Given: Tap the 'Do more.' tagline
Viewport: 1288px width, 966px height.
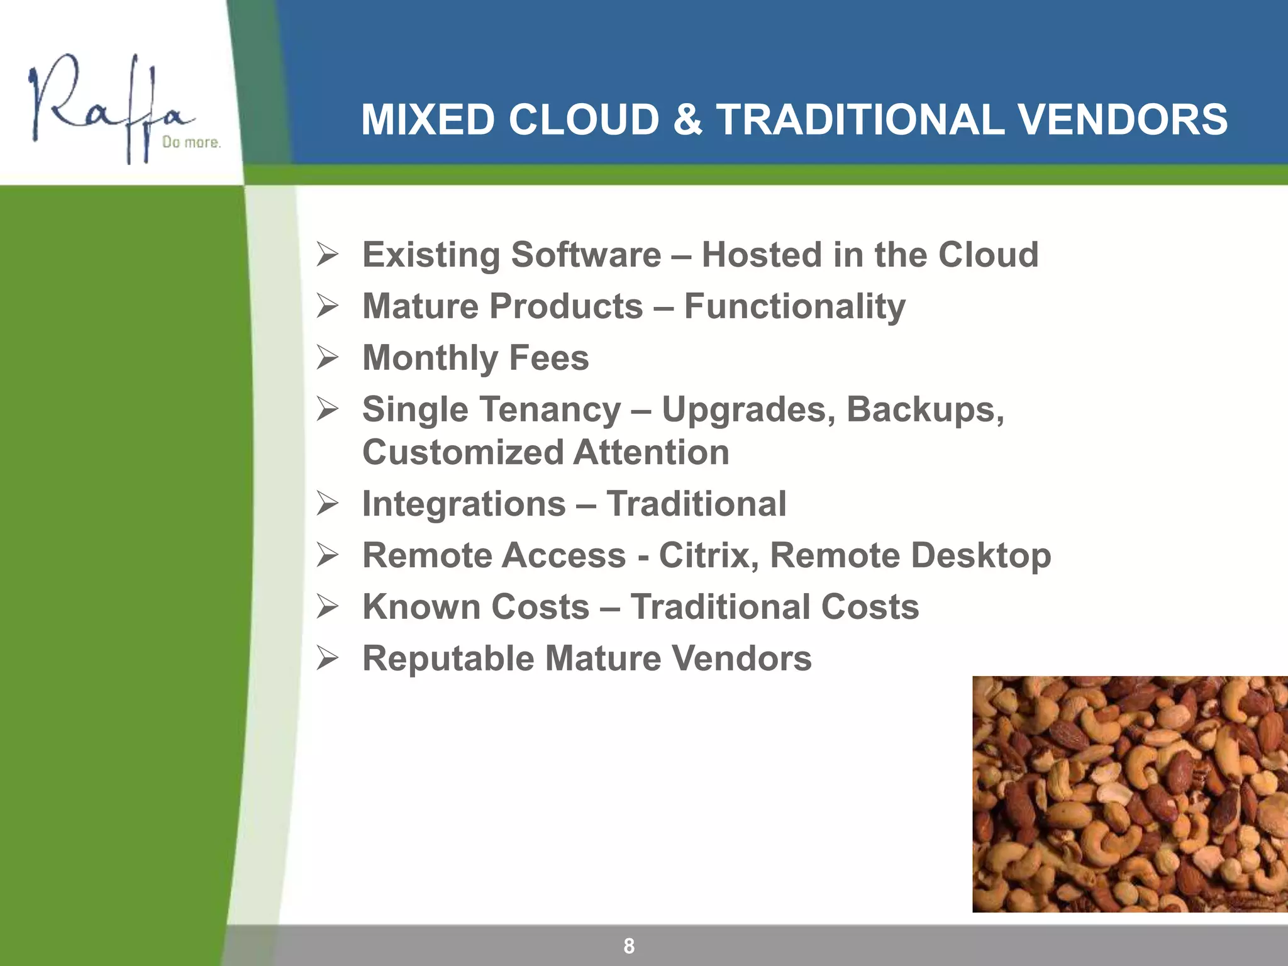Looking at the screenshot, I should point(191,143).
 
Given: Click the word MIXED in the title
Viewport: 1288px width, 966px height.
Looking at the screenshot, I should point(428,119).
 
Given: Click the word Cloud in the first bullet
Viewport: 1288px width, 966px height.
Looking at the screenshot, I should point(988,255).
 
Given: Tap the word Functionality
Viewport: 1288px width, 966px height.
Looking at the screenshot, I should point(794,307).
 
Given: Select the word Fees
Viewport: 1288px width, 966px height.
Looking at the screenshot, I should point(548,358).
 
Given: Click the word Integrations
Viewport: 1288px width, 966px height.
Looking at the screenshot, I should point(464,504).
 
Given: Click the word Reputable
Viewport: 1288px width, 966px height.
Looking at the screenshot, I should point(448,659).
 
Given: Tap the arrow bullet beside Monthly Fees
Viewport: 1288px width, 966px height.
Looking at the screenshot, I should point(328,358).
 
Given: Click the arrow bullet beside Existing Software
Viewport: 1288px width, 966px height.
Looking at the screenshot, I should point(328,255).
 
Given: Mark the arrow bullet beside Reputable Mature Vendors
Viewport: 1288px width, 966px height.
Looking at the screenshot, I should point(328,658).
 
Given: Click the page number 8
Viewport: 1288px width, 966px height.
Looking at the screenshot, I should point(629,945).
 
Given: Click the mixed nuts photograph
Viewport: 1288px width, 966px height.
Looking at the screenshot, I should point(1130,794).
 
